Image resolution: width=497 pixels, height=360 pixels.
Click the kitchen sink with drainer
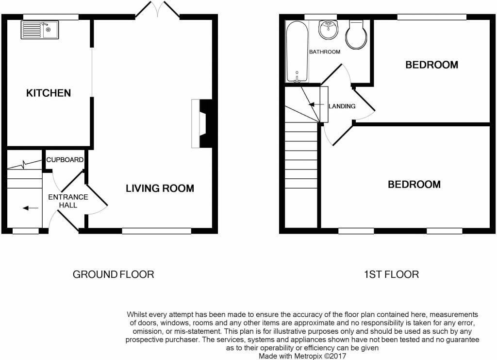[x=40, y=30]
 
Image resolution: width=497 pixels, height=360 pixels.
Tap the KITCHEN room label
[x=49, y=93]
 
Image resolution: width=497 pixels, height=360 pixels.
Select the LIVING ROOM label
[x=160, y=189]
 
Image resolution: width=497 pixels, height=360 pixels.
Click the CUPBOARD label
[x=65, y=159]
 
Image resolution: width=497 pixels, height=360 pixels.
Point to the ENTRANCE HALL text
[x=68, y=201]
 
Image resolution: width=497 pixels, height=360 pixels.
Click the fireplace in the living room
[x=201, y=124]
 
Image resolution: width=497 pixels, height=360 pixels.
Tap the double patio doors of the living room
[x=157, y=9]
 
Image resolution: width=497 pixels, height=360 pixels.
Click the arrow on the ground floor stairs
[x=31, y=208]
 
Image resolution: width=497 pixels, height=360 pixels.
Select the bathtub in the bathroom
[x=297, y=51]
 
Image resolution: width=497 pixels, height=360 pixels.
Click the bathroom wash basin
[x=329, y=30]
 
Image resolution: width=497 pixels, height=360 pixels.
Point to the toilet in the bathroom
[x=357, y=35]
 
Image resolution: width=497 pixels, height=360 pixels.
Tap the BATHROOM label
[x=325, y=51]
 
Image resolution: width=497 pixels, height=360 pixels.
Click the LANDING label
[x=342, y=106]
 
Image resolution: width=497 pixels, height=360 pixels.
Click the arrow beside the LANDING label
[x=315, y=104]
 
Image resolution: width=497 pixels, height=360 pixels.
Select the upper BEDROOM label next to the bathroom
[x=431, y=65]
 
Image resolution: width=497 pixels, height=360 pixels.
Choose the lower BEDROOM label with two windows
[x=414, y=185]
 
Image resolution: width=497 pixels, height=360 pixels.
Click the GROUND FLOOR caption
[x=113, y=274]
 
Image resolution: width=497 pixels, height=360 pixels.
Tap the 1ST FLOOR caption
[x=392, y=274]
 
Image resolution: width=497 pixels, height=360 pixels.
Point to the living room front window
[x=157, y=231]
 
